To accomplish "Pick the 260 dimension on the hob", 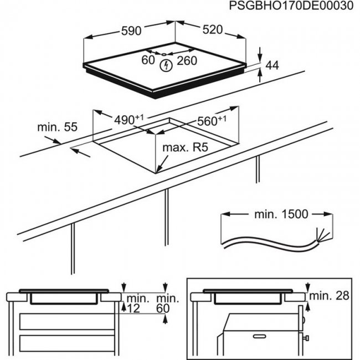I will click(187, 61).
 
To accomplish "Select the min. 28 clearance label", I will click(330, 295).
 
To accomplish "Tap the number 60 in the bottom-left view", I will click(164, 308).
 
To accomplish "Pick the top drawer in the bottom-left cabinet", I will click(64, 321).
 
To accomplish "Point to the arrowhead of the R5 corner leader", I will click(158, 170).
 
